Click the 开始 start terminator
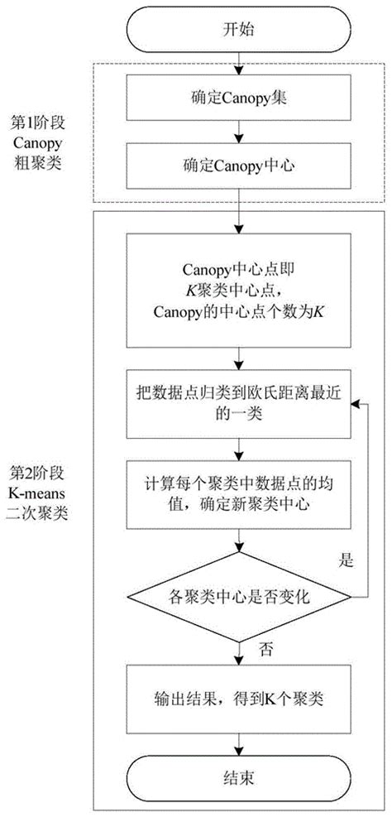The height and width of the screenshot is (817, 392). point(241,29)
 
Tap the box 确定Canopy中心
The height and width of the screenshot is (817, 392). point(241,163)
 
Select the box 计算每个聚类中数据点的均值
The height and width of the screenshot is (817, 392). point(241,494)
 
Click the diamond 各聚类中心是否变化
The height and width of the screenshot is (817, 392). point(241,594)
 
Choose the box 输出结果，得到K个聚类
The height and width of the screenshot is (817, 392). point(241,699)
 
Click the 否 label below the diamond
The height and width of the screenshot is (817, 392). point(264,645)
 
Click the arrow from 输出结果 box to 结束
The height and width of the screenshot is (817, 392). point(241,742)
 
